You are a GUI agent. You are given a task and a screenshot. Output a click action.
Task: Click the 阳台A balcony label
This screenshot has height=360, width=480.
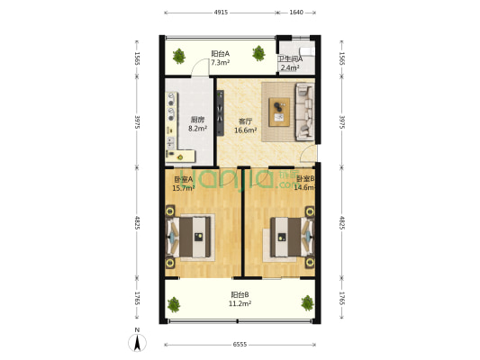point(220,53)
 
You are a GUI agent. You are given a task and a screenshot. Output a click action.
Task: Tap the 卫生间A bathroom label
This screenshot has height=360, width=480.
point(289,58)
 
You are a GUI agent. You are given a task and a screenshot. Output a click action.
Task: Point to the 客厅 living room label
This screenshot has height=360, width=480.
point(245,121)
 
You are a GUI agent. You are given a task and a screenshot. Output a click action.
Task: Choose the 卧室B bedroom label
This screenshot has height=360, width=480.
point(304,178)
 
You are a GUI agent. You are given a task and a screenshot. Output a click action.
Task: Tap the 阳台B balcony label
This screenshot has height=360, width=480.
point(240,295)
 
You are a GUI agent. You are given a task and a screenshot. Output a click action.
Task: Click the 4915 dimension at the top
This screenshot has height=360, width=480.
point(221,13)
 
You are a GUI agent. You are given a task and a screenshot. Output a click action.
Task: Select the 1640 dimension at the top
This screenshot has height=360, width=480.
point(296,13)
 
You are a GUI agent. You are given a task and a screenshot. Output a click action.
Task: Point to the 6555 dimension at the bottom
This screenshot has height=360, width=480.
point(240,345)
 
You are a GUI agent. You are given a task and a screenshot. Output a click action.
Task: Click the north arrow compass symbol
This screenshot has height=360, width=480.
point(137,340)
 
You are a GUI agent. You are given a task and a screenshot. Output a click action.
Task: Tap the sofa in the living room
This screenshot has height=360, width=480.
point(303,112)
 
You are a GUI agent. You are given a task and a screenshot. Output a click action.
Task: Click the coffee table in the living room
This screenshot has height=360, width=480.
point(278,111)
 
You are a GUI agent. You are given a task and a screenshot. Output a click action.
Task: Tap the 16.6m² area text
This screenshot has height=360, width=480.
point(245,130)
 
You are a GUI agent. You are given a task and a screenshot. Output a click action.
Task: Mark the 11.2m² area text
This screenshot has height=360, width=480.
point(240,304)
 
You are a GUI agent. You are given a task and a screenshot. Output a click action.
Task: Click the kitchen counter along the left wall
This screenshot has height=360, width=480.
point(171,121)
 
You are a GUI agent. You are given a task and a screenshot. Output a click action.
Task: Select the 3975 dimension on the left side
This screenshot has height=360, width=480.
point(138,121)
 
